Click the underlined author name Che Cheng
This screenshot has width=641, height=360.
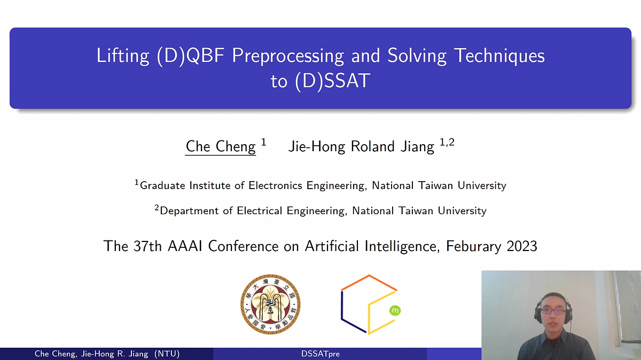(221, 146)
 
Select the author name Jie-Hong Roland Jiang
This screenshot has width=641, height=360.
(361, 146)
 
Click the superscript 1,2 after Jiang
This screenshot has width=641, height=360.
(447, 142)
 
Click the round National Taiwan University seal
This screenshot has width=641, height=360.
(270, 304)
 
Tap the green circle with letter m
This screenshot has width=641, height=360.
(395, 310)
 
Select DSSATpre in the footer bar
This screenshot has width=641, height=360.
(320, 354)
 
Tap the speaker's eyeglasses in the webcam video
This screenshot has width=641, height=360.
(552, 310)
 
